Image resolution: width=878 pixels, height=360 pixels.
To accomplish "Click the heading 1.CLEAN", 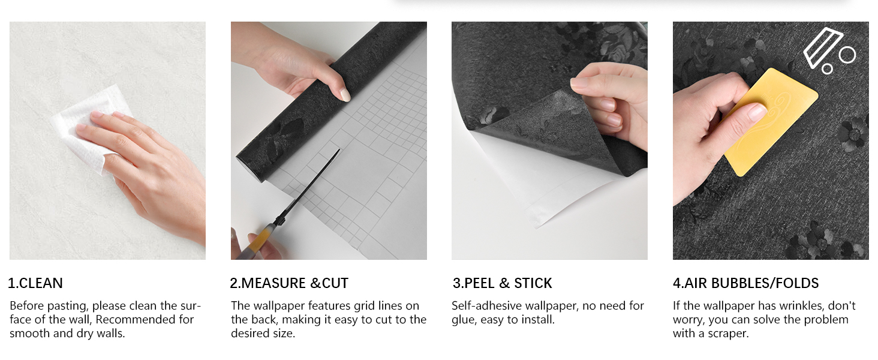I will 35,283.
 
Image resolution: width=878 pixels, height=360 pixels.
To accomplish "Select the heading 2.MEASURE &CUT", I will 289,283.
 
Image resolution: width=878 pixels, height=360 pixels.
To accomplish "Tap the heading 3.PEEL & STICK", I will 502,283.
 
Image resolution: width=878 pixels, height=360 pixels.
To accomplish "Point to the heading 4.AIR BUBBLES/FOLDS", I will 745,283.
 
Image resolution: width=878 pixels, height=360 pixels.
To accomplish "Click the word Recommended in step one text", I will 145,319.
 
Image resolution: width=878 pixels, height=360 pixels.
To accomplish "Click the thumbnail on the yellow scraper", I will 757,112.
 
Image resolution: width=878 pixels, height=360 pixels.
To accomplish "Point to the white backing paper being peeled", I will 528,180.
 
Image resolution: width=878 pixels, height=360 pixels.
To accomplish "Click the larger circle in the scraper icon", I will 847,55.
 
